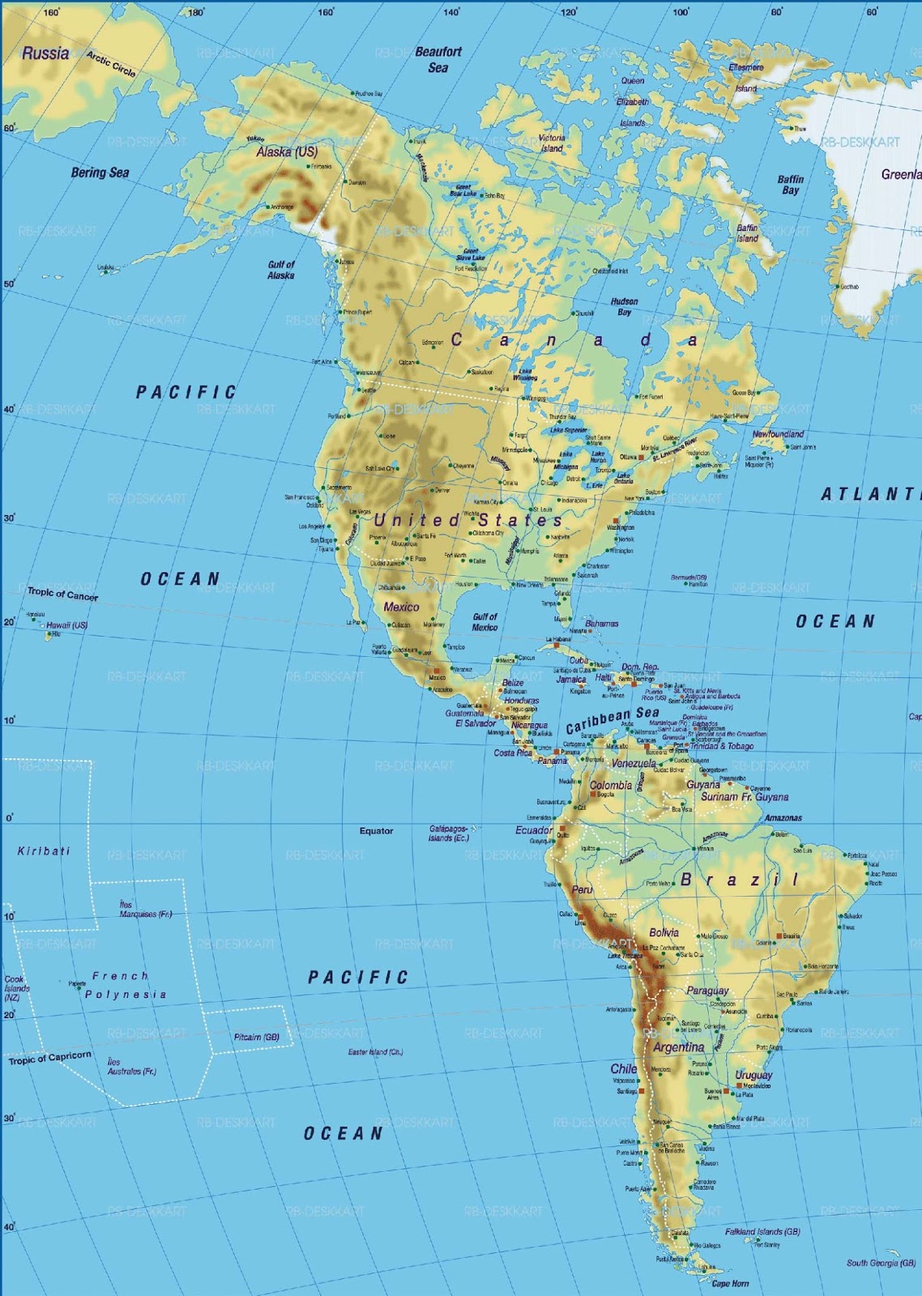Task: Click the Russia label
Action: [x=45, y=53]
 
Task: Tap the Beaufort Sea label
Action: [x=438, y=60]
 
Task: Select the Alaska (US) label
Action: [x=287, y=151]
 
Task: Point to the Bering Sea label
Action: [x=100, y=173]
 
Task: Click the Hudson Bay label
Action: [x=625, y=306]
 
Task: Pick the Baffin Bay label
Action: [x=791, y=185]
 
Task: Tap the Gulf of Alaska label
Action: [x=281, y=270]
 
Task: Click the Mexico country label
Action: [x=401, y=607]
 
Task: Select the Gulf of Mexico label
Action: [x=484, y=622]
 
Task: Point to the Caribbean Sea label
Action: [x=613, y=718]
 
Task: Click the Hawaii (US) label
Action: [x=66, y=625]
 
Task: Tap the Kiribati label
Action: [x=44, y=851]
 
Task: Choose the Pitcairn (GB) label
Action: [x=256, y=1037]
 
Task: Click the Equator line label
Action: [x=376, y=830]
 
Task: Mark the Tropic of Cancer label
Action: [x=62, y=595]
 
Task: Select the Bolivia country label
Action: [x=664, y=932]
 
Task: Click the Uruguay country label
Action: [x=753, y=1075]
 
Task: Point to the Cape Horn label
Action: [x=730, y=1283]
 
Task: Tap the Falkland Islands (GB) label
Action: [x=762, y=1231]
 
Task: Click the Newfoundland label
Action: [x=778, y=434]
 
